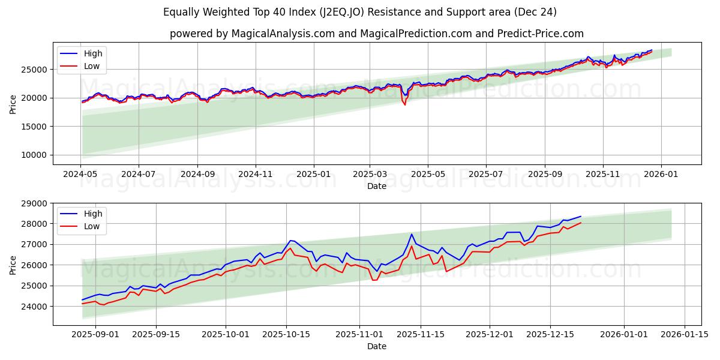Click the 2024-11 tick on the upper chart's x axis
[256, 175]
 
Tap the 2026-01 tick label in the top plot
[661, 175]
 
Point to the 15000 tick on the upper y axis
[35, 127]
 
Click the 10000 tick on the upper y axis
[35, 155]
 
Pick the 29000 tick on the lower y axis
[35, 203]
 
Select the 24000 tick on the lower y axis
[35, 307]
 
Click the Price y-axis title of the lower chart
[13, 264]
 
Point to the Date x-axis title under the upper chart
[377, 186]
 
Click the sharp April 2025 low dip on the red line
[404, 104]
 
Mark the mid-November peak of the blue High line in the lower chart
[412, 234]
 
